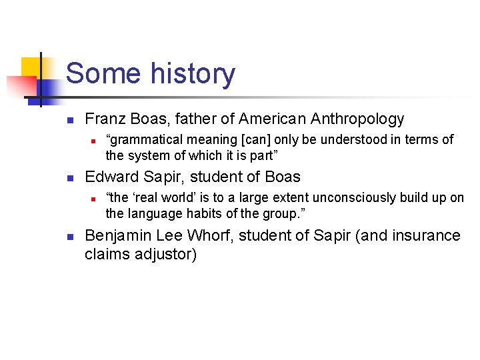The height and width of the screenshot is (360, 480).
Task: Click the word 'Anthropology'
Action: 356,119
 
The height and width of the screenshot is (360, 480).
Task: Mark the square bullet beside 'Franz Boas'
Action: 70,121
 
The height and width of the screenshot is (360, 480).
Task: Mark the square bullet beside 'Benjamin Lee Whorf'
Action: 70,237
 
